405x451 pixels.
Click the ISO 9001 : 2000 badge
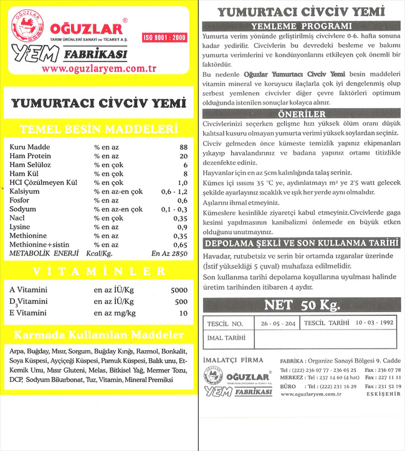click(164, 37)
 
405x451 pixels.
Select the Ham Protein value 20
click(183, 156)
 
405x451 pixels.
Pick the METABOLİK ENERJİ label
click(44, 254)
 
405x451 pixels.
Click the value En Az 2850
click(169, 254)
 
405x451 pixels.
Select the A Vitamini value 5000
click(179, 290)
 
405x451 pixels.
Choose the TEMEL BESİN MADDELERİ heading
click(100, 130)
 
